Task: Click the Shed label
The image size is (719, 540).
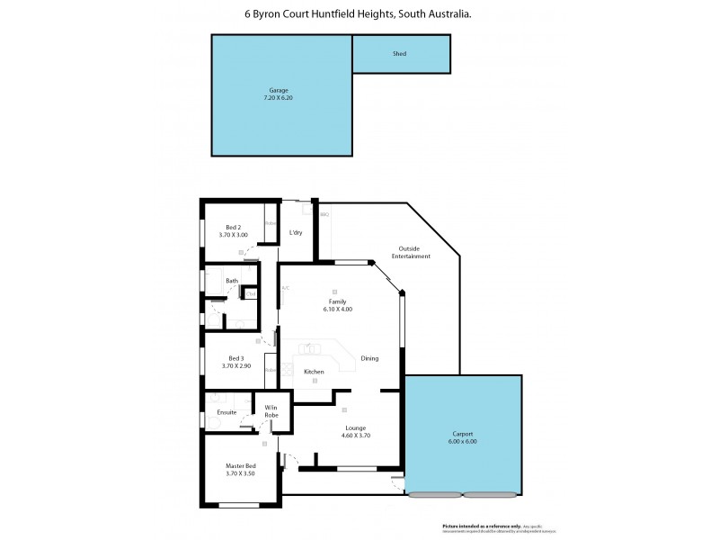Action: click(x=400, y=54)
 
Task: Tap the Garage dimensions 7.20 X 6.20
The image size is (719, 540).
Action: click(x=279, y=97)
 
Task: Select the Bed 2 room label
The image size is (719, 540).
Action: click(x=232, y=227)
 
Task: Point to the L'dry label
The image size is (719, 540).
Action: click(x=295, y=233)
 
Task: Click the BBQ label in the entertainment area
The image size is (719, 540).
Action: click(x=324, y=215)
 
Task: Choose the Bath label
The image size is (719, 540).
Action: click(x=232, y=281)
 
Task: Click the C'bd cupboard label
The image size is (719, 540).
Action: click(x=251, y=293)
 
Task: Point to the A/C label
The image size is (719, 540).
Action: click(x=285, y=288)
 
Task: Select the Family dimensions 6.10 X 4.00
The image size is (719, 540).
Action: click(x=339, y=309)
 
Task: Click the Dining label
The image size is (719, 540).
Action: click(x=369, y=358)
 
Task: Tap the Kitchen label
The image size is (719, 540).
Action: click(x=314, y=372)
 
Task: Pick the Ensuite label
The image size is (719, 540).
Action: click(x=226, y=412)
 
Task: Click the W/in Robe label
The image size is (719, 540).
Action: click(x=271, y=411)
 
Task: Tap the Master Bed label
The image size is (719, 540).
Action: click(x=241, y=465)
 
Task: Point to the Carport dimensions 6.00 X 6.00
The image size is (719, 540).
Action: click(x=464, y=442)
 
